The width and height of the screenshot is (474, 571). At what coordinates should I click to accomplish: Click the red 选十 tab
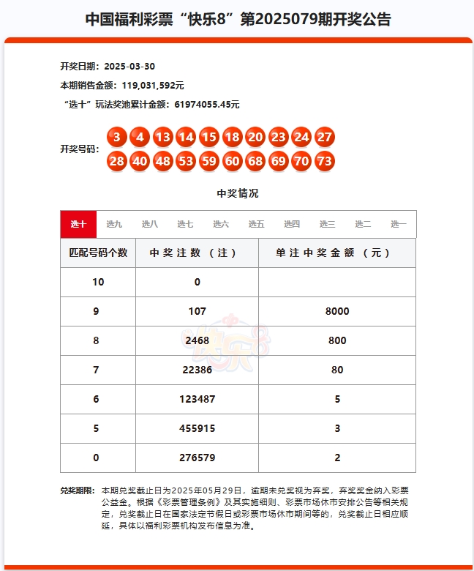tap(78, 224)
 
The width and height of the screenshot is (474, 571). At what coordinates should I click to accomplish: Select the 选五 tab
tap(256, 224)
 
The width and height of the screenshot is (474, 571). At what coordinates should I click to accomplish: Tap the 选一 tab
tap(398, 224)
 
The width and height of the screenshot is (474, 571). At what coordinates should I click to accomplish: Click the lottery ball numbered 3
tap(116, 137)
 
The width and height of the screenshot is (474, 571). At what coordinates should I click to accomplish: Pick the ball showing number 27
tap(325, 137)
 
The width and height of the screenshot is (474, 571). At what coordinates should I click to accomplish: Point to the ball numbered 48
tap(162, 161)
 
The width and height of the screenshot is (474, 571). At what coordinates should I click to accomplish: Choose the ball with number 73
tap(325, 161)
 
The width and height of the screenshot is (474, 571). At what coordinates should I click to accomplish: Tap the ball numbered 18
tap(233, 137)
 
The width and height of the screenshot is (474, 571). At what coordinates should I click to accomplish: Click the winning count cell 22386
tap(197, 370)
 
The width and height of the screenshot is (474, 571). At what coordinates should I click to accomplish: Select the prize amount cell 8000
tap(337, 311)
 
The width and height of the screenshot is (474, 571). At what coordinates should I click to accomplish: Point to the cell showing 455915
tap(197, 428)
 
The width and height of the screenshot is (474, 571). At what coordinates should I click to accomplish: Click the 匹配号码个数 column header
tap(98, 253)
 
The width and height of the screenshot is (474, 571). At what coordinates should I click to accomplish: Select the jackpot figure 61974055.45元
tap(207, 105)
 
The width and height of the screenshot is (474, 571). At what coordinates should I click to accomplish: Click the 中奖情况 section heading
tap(237, 193)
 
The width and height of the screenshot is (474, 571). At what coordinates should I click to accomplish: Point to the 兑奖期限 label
tap(77, 490)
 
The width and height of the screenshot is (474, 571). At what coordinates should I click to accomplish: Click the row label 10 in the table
tap(98, 282)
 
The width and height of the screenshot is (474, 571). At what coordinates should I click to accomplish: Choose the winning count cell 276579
tap(197, 458)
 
